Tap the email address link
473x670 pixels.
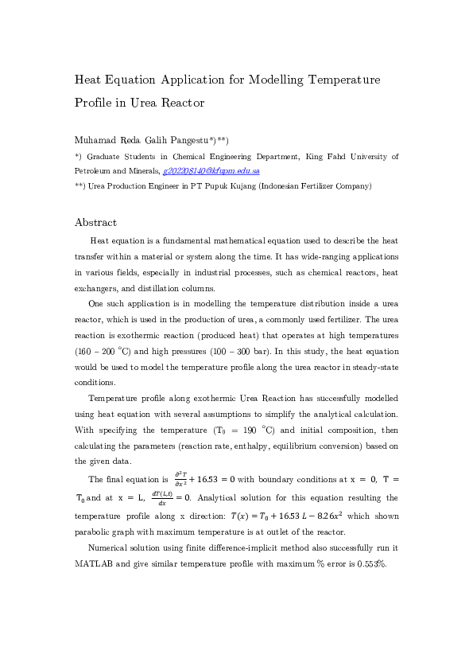pyautogui.click(x=211, y=171)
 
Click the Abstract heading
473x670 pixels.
pyautogui.click(x=95, y=223)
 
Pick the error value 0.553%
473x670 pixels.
pyautogui.click(x=370, y=563)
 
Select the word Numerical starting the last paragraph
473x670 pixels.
pyautogui.click(x=110, y=548)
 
